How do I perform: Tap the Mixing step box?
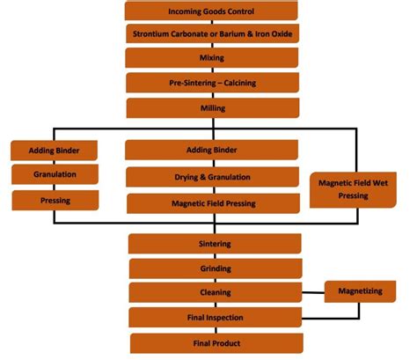[211, 58]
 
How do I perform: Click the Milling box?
[211, 107]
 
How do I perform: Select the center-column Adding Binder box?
[212, 150]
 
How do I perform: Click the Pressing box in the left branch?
[55, 200]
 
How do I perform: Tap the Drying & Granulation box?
[212, 177]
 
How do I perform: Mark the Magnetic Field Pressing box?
[212, 203]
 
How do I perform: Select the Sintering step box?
[215, 243]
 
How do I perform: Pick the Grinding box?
[215, 268]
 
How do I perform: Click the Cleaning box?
[215, 292]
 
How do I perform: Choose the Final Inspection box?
[215, 317]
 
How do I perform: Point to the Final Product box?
[215, 342]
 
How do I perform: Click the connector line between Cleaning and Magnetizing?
[312, 292]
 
